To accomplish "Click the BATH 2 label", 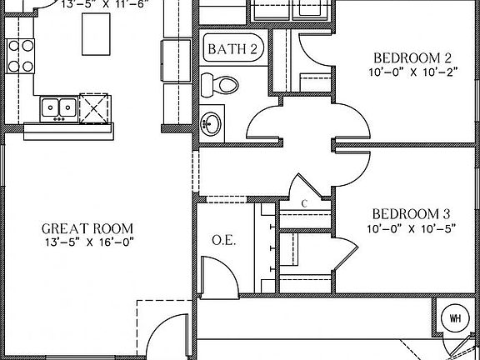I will pyautogui.click(x=232, y=49).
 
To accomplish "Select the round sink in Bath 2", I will pyautogui.click(x=212, y=124).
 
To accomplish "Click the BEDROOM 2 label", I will pyautogui.click(x=412, y=57).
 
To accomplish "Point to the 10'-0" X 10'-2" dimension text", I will pyautogui.click(x=412, y=72).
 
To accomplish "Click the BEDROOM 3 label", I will pyautogui.click(x=412, y=213).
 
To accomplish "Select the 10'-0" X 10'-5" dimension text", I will pyautogui.click(x=412, y=227).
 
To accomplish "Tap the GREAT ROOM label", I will pyautogui.click(x=87, y=228).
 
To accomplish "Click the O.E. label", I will pyautogui.click(x=222, y=241).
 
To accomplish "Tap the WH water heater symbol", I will pyautogui.click(x=455, y=317).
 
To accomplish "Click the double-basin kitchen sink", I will pyautogui.click(x=57, y=107).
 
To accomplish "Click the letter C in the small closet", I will pyautogui.click(x=304, y=203).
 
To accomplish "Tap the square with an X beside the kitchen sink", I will pyautogui.click(x=93, y=107).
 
